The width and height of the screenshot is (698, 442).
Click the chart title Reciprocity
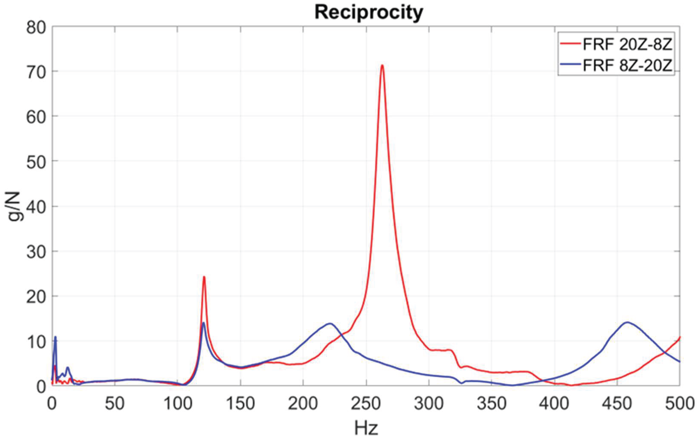click(x=369, y=13)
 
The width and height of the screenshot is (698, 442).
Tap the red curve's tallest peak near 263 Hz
click(x=382, y=65)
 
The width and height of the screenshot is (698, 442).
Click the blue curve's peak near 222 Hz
click(x=330, y=323)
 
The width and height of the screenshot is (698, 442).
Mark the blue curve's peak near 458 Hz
click(x=627, y=322)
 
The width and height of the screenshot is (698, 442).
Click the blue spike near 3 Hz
click(x=55, y=337)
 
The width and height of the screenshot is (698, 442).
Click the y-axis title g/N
click(x=14, y=206)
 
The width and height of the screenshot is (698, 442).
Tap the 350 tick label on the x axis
click(x=492, y=404)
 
